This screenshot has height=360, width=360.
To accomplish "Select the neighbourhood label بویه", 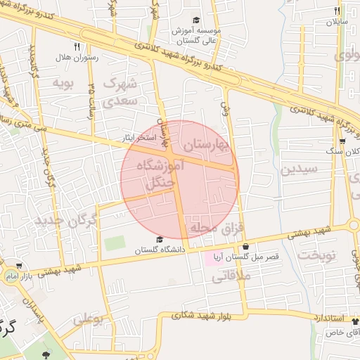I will [63, 83].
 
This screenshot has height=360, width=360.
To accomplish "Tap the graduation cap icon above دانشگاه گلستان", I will [160, 240].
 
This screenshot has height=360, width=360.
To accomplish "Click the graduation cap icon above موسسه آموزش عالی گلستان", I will [196, 20].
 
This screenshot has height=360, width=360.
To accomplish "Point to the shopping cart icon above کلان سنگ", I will [342, 141].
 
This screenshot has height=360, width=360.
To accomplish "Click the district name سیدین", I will [300, 169].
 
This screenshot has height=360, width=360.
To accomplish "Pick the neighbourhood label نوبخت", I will [317, 255].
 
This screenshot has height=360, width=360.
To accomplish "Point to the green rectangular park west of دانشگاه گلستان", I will [115, 243].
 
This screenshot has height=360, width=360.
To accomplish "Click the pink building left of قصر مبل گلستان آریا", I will [211, 257].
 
